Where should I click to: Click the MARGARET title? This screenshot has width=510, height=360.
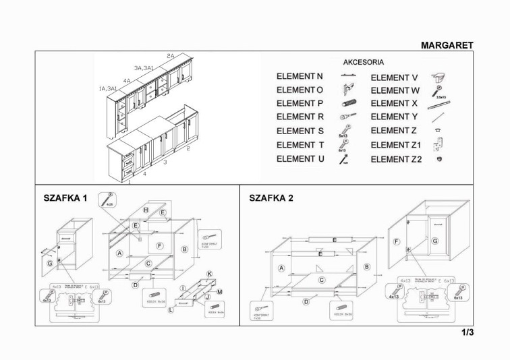tap(447, 45)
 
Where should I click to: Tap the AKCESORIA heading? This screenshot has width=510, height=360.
tap(364, 62)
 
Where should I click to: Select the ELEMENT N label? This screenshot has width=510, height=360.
tap(300, 77)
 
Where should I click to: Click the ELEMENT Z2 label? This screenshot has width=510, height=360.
tap(396, 159)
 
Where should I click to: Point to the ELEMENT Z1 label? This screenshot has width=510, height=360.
tap(396, 145)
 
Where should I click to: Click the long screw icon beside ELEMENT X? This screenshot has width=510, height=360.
tap(438, 105)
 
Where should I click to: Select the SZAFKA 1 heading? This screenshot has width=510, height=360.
tap(65, 198)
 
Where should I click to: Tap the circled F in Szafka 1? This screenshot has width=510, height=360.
tap(160, 245)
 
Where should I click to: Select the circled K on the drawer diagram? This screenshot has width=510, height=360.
tap(210, 274)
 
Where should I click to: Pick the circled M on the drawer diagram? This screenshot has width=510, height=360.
tap(220, 291)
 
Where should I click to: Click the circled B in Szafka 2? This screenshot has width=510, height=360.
tap(366, 267)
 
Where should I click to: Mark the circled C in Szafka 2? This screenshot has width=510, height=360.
tap(322, 279)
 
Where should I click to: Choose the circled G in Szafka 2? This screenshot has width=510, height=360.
tap(435, 241)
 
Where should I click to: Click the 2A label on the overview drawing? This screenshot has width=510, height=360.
tap(171, 56)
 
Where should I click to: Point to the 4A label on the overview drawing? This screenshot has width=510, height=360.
tap(126, 80)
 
